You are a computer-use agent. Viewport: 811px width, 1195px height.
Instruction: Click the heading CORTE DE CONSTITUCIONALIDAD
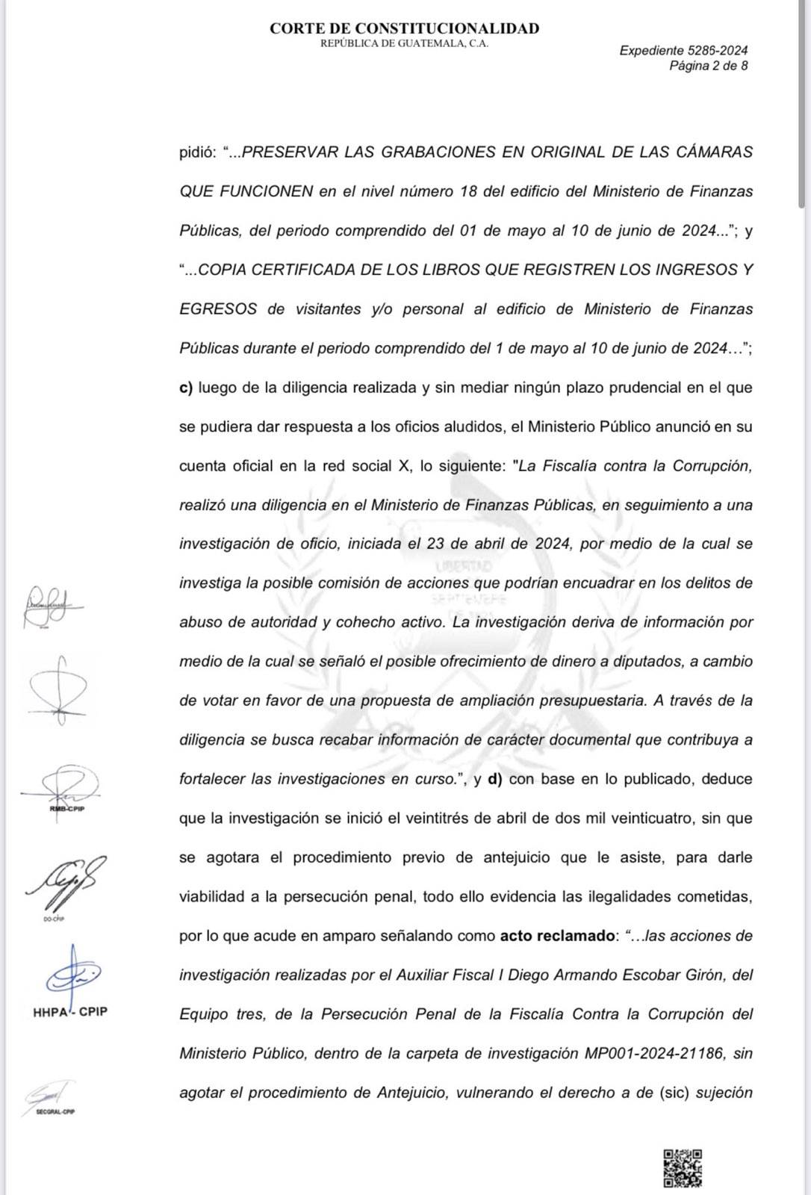[404, 28]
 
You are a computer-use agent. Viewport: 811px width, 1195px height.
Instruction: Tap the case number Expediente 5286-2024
[683, 51]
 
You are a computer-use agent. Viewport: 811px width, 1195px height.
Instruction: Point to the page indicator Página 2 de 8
[708, 66]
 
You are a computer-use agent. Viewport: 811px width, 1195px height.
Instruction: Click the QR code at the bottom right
[683, 1167]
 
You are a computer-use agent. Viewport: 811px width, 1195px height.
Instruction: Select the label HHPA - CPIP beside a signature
[70, 1012]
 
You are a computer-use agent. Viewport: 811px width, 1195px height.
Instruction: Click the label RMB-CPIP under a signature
[67, 809]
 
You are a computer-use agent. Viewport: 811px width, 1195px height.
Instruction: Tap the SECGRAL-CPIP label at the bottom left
[55, 1111]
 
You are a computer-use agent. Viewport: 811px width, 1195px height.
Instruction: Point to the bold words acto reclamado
[556, 936]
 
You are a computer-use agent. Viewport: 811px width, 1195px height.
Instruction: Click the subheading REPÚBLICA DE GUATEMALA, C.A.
[404, 44]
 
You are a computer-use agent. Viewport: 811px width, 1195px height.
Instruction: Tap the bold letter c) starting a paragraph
[186, 388]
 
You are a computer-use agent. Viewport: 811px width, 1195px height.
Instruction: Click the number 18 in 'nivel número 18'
[468, 191]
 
